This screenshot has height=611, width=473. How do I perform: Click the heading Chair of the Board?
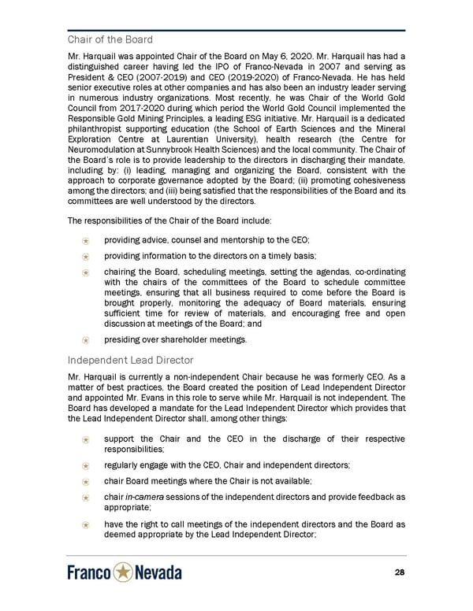(x=110, y=39)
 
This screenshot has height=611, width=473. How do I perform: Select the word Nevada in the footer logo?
(x=158, y=573)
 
